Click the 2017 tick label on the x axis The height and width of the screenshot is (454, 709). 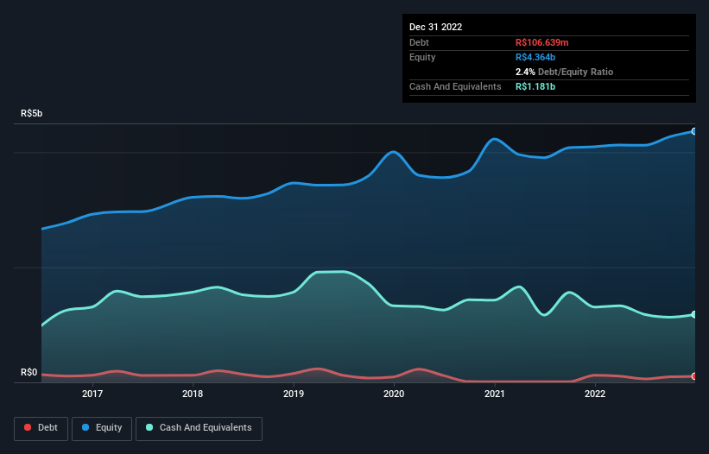point(92,394)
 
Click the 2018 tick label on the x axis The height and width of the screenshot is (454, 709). point(193,394)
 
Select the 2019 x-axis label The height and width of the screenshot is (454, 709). point(294,394)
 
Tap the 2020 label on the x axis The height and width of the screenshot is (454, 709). point(394,394)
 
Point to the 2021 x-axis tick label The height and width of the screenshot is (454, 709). point(495,394)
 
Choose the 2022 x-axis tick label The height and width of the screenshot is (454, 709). point(595,394)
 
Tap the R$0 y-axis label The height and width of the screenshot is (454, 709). point(29,373)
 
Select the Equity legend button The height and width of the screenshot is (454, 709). point(102,427)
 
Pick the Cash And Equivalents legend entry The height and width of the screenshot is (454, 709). point(199,427)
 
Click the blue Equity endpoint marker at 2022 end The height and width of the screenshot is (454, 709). point(694,131)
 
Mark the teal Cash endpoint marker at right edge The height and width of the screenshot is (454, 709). point(694,314)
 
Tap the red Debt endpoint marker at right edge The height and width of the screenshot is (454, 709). point(694,376)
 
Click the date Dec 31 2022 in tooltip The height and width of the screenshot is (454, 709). point(436,27)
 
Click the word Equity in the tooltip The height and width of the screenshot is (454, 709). point(422,57)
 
